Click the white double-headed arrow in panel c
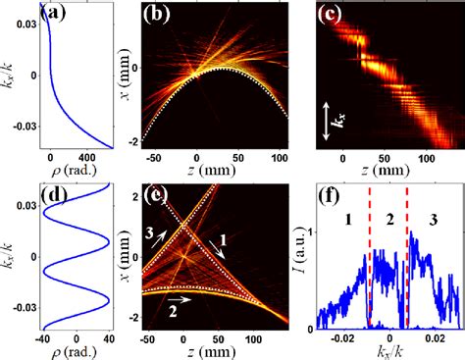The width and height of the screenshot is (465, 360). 326,121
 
